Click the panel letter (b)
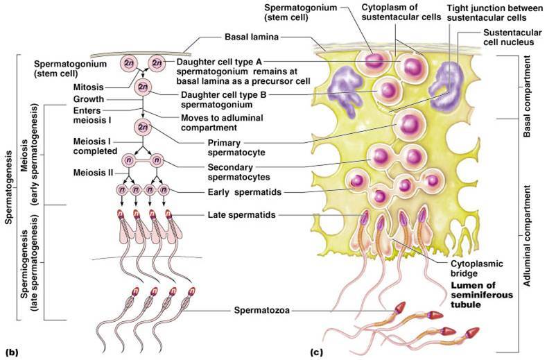coord(10,351)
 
